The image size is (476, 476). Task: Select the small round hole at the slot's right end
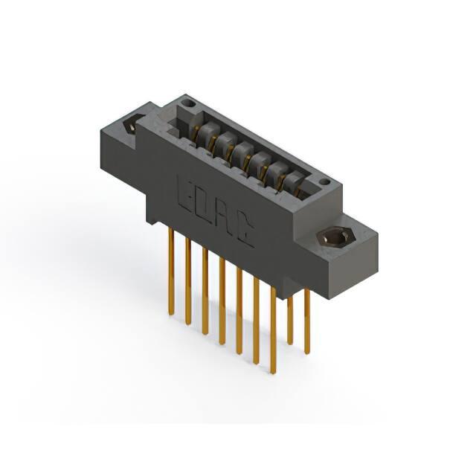click(324, 182)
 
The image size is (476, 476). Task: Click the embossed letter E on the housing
click(185, 193)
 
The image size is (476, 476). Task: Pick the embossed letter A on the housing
click(225, 217)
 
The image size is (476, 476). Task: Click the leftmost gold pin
click(172, 271)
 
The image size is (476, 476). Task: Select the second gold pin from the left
click(188, 282)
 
